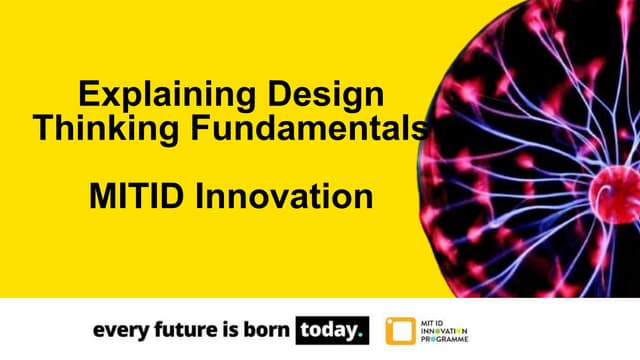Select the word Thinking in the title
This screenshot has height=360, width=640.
(96, 128)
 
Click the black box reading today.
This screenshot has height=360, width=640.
(332, 329)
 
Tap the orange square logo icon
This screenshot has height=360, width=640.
(401, 330)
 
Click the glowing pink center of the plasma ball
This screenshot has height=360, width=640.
(611, 186)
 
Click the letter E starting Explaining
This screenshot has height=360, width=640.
(87, 97)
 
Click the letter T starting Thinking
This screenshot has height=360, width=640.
(42, 128)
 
